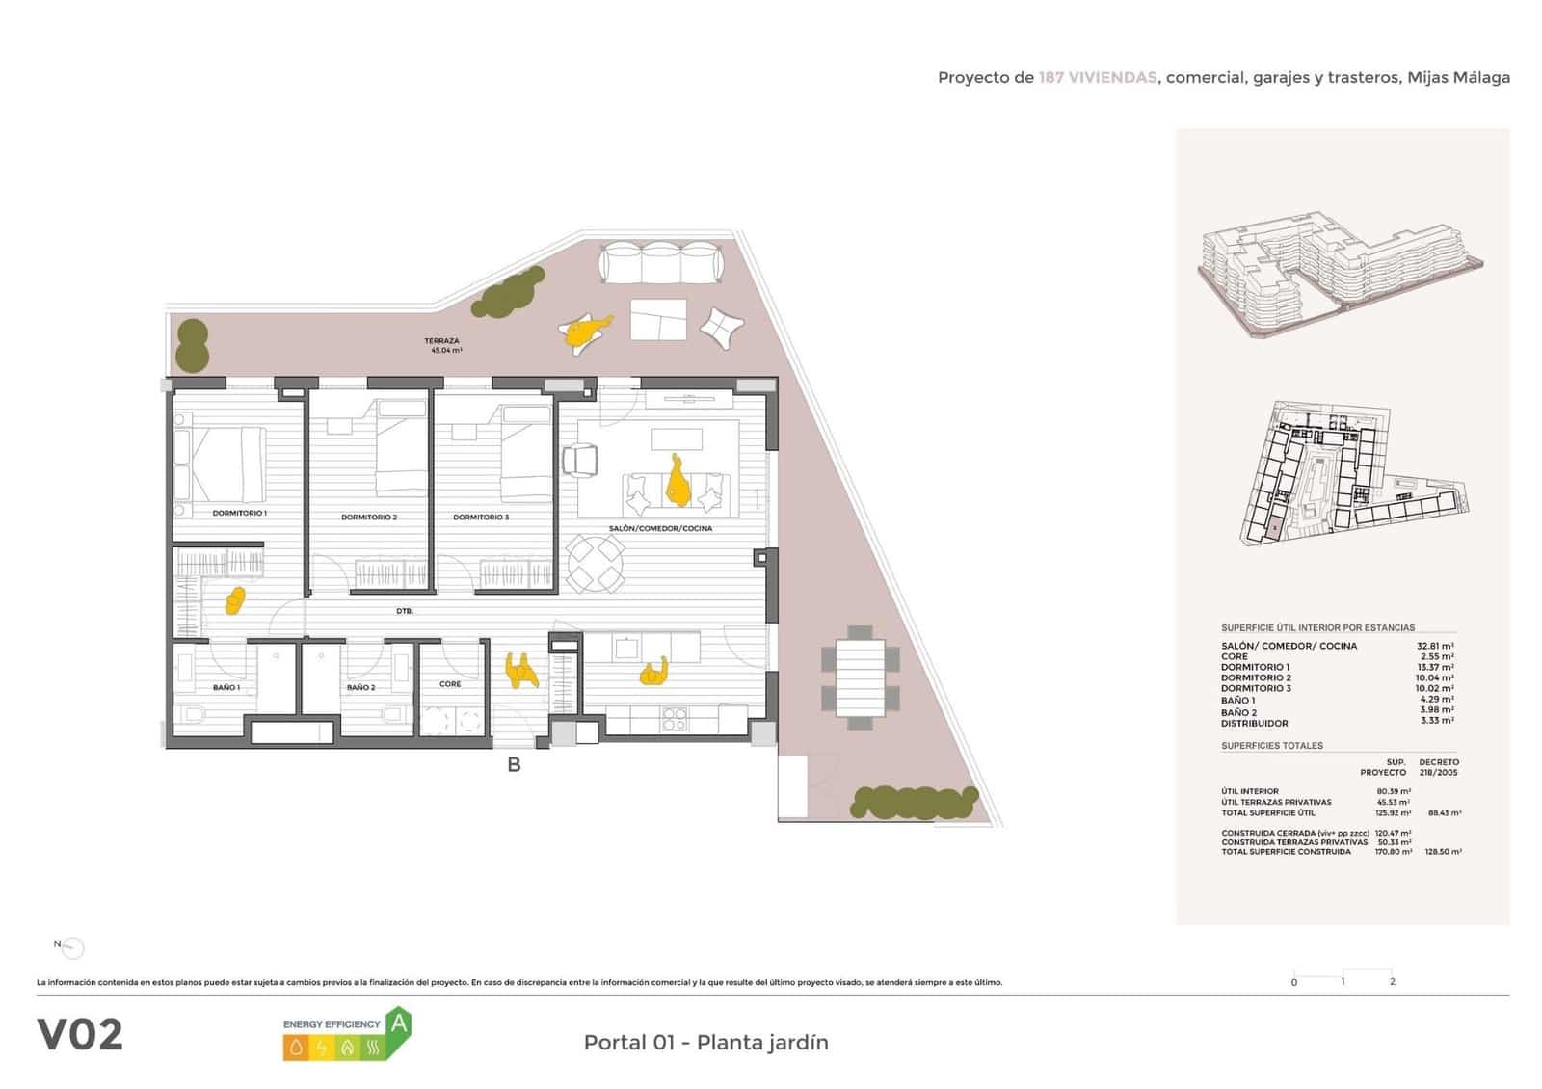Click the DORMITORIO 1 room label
(x=239, y=514)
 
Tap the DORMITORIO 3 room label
(x=481, y=518)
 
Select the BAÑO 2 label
(x=360, y=688)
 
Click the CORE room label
(x=450, y=684)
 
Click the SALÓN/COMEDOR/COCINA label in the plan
(x=660, y=529)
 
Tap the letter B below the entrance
(x=515, y=765)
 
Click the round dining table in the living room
(x=596, y=564)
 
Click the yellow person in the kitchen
(x=654, y=672)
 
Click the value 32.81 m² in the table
(x=1434, y=647)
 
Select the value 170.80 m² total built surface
(x=1393, y=852)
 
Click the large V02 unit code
(x=81, y=1035)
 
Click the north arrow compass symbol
(x=72, y=948)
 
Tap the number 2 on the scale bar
(x=1392, y=982)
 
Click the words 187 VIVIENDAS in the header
(x=1097, y=78)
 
